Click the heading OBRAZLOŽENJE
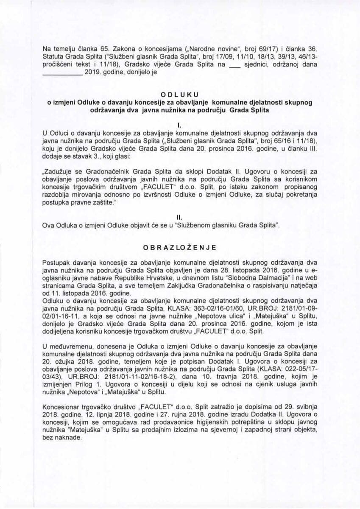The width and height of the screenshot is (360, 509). pos(180,246)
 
